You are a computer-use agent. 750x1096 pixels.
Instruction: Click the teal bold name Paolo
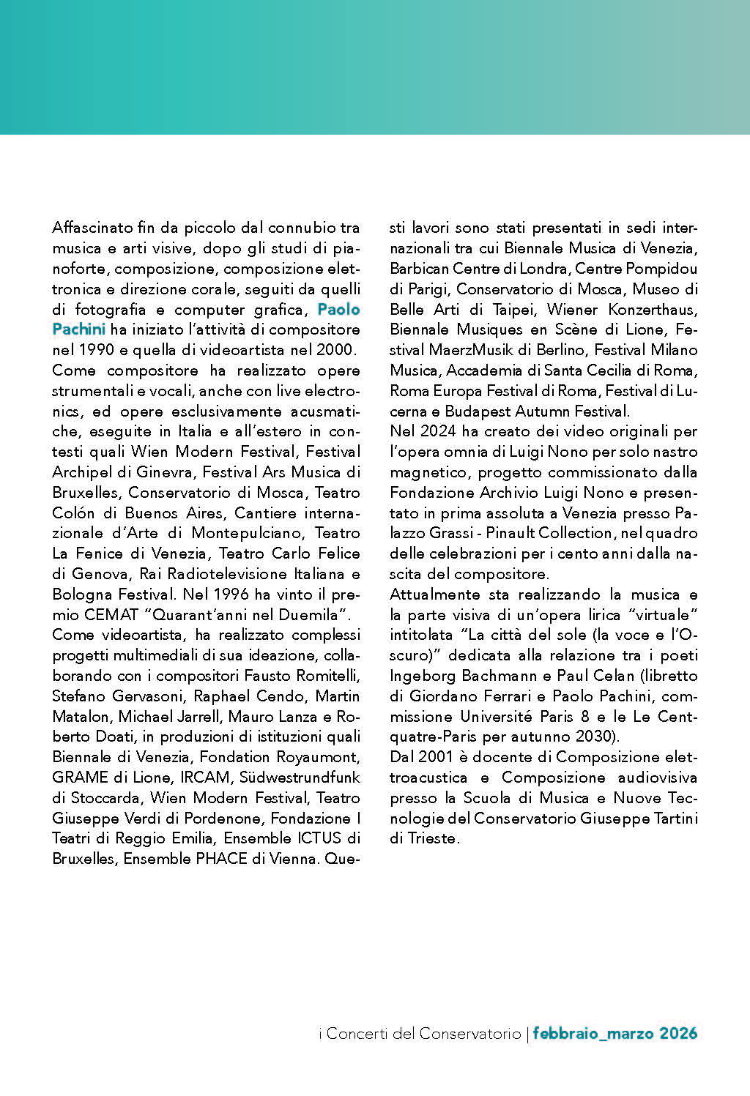pos(338,309)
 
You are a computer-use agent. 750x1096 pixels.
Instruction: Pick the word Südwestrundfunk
pos(300,777)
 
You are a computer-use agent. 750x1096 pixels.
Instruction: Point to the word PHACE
pos(221,858)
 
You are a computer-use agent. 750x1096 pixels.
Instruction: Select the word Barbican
pos(419,269)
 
